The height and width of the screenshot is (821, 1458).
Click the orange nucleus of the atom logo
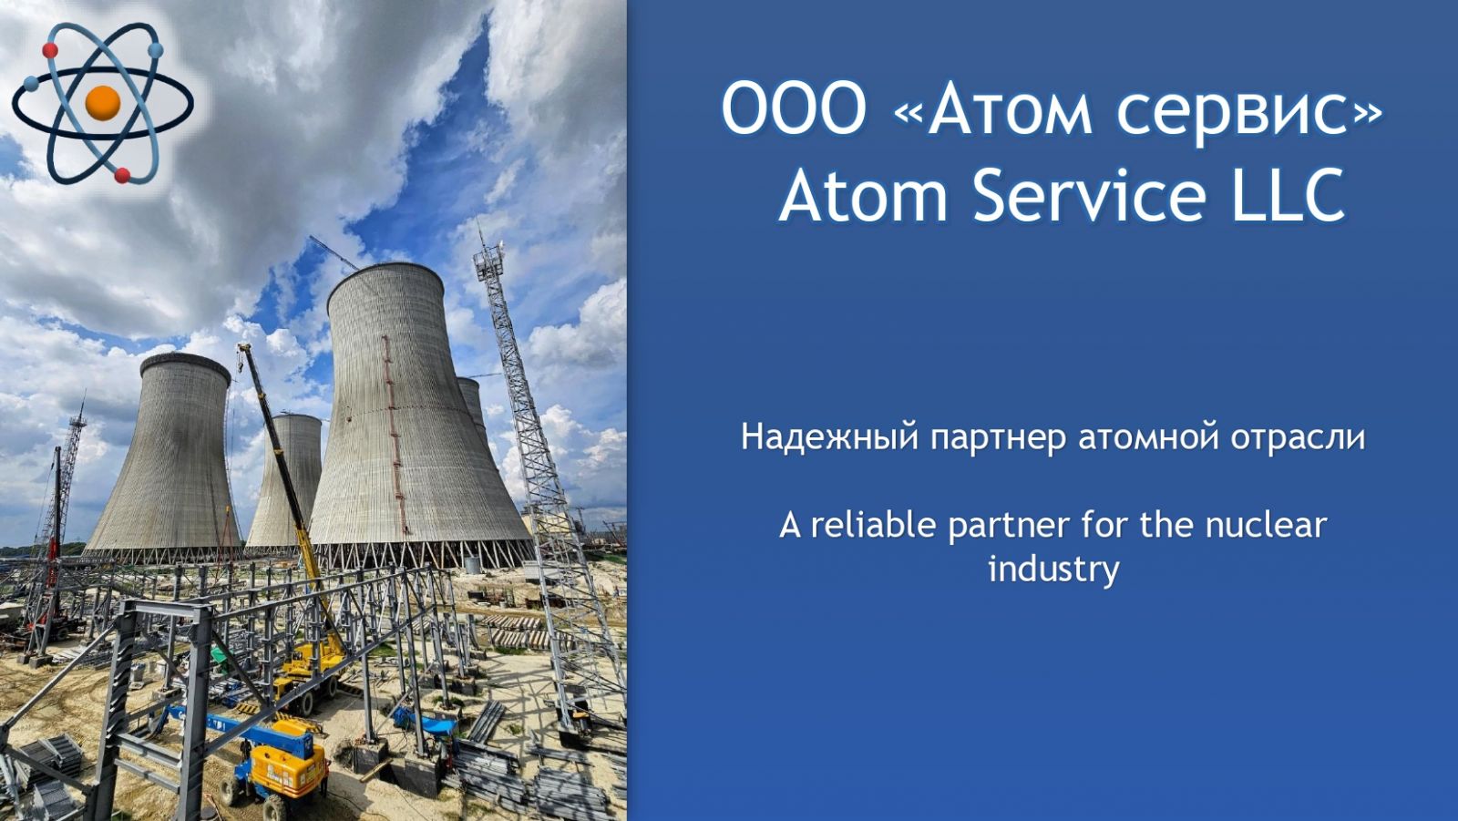click(103, 103)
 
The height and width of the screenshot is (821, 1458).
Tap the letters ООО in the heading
click(794, 108)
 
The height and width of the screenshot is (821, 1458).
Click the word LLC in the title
click(1289, 195)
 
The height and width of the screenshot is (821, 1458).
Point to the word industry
click(1053, 570)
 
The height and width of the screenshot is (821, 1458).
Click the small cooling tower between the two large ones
click(286, 482)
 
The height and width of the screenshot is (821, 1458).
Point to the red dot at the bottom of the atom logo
click(122, 175)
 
